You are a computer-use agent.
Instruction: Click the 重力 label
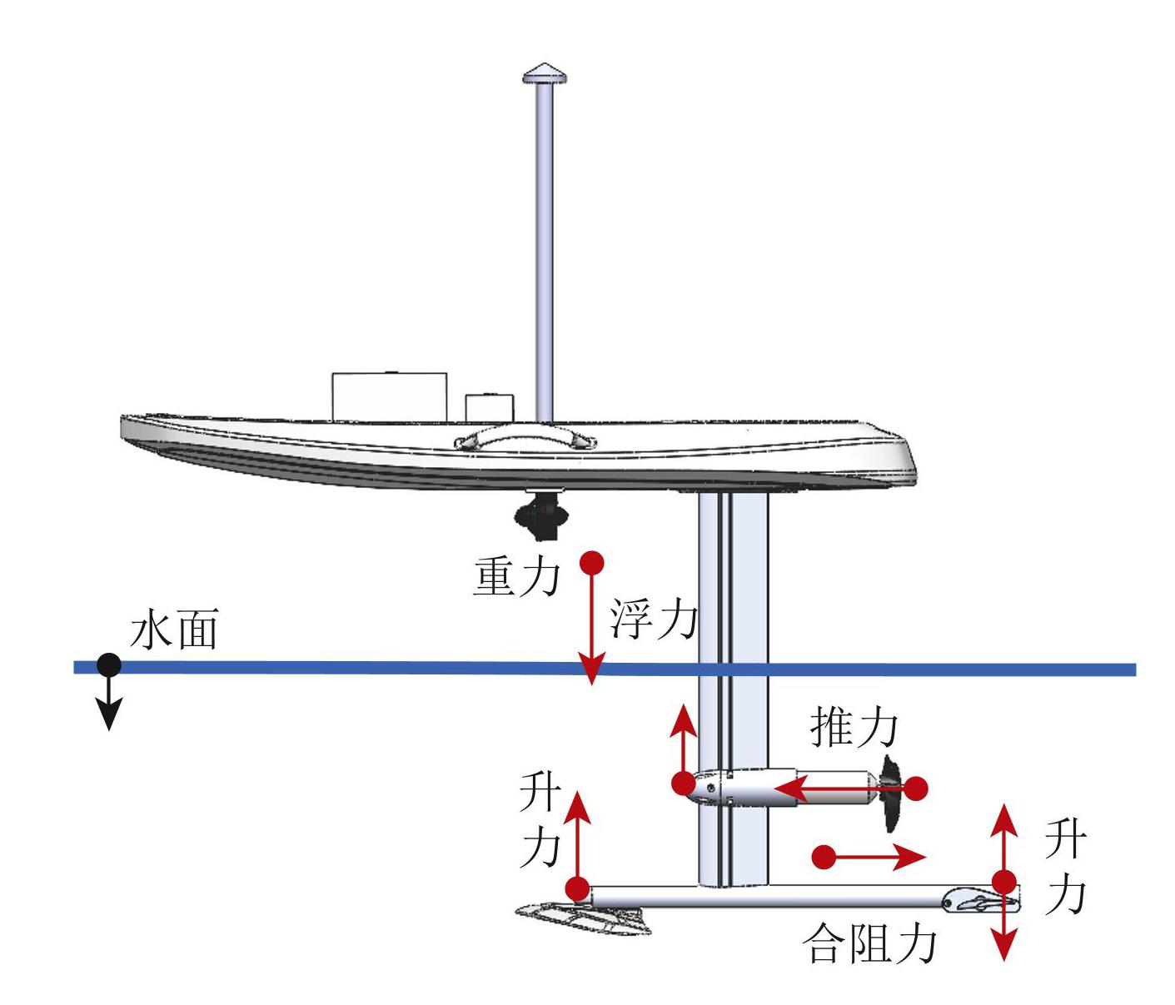(x=515, y=576)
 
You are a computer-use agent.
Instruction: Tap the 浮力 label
(x=653, y=619)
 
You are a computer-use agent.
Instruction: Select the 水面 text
(x=175, y=630)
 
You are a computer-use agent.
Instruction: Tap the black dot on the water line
(x=108, y=665)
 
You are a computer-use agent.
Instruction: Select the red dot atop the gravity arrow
(x=592, y=561)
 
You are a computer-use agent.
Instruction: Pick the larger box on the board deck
(x=390, y=396)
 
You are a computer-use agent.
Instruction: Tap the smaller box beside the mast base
(x=490, y=407)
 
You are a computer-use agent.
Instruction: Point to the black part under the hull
(x=541, y=515)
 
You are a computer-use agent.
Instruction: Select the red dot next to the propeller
(x=916, y=788)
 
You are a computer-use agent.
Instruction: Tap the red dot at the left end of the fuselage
(x=576, y=888)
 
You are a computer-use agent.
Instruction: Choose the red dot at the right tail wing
(x=1004, y=882)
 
